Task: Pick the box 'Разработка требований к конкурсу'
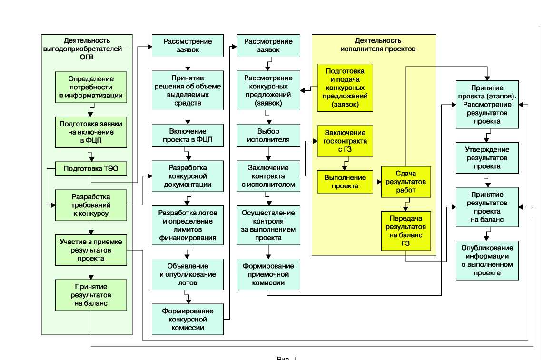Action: [x=91, y=205]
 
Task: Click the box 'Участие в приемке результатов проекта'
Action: [x=91, y=250]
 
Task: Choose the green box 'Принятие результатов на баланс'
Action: [x=91, y=295]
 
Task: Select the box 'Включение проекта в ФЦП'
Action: [x=188, y=136]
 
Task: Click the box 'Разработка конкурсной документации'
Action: [x=188, y=176]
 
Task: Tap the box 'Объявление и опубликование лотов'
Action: [x=188, y=274]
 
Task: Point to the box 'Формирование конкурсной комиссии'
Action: [x=188, y=319]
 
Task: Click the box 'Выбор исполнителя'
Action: [x=269, y=136]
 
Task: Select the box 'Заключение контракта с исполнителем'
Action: [x=269, y=176]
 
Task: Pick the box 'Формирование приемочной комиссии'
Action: [x=269, y=274]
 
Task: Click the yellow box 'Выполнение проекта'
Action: [x=345, y=182]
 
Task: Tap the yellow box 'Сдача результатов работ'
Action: [x=405, y=182]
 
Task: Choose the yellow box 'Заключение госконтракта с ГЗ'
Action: [x=345, y=140]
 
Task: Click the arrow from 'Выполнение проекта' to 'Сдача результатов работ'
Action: [x=376, y=182]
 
